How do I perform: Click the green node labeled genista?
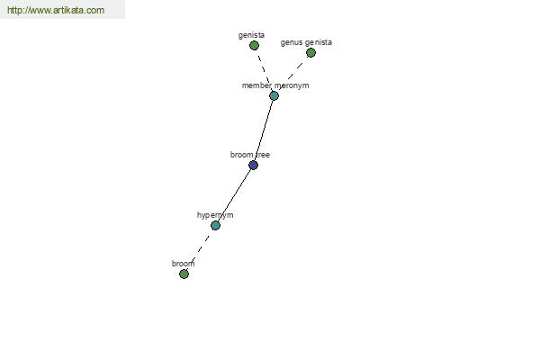click(254, 46)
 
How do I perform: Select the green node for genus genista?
click(310, 53)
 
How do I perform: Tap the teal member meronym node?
click(274, 95)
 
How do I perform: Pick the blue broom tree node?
click(253, 166)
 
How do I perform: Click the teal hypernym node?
click(215, 226)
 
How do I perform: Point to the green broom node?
click(184, 274)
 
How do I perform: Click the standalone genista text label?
click(251, 35)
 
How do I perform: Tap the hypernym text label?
click(215, 215)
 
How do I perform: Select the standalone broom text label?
click(184, 264)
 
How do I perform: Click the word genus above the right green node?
click(292, 42)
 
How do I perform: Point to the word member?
click(256, 85)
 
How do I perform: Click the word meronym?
click(292, 85)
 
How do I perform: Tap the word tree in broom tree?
click(263, 155)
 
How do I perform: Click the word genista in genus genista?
click(319, 42)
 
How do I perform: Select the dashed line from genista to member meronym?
click(264, 70)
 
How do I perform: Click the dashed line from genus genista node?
click(292, 74)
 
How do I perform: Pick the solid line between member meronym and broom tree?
click(264, 130)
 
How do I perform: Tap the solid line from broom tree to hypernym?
click(234, 195)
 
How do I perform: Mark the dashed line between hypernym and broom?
click(200, 250)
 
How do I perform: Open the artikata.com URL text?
click(56, 10)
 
